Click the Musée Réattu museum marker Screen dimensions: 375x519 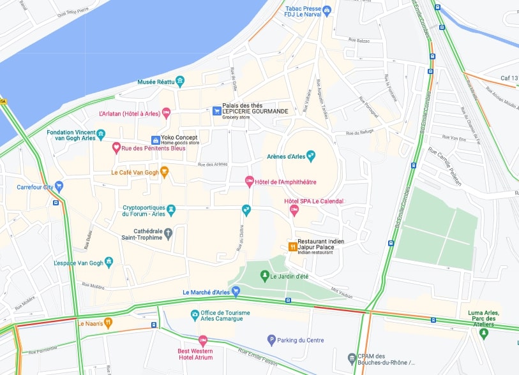coord(180,81)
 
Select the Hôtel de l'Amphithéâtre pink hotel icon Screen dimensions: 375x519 coord(250,182)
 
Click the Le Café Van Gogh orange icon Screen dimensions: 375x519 coord(164,172)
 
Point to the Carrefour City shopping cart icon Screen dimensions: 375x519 coord(59,187)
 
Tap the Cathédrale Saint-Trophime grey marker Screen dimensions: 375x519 coord(168,233)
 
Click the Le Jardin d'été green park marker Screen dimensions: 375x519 coord(264,276)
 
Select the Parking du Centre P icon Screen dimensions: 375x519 coord(271,340)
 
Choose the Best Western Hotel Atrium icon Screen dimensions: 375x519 coord(203,340)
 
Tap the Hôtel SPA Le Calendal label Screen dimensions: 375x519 coord(313,201)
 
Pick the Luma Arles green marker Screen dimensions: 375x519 coord(483,333)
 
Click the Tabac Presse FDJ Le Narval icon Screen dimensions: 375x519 coord(327,10)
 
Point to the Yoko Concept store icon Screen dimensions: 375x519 coord(155,140)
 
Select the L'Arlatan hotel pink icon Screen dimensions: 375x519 coord(166,114)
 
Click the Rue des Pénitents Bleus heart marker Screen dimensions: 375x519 coord(116,148)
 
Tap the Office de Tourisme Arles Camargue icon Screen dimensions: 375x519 coord(195,315)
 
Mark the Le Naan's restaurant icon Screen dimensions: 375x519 coord(108,323)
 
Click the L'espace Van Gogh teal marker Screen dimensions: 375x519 coord(109,262)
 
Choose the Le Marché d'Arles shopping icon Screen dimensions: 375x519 coord(236,292)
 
